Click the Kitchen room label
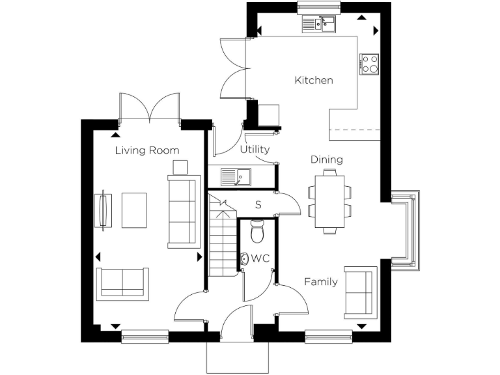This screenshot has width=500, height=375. click(x=314, y=81)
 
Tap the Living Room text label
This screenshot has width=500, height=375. click(x=147, y=150)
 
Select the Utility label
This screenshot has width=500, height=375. click(x=255, y=150)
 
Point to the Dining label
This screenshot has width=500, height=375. click(x=326, y=160)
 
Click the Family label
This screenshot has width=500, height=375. click(x=321, y=282)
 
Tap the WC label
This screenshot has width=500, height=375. click(x=260, y=258)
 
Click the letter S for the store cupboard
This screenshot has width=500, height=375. click(x=258, y=204)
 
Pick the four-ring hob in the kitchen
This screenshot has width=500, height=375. click(x=370, y=64)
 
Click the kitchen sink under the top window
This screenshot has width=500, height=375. click(x=318, y=25)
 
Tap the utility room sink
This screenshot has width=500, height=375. click(x=236, y=176)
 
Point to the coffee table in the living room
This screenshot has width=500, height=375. click(x=134, y=210)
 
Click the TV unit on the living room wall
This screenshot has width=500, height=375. click(x=102, y=210)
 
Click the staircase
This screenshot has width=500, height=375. click(x=221, y=238)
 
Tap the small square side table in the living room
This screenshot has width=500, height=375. click(x=180, y=167)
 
